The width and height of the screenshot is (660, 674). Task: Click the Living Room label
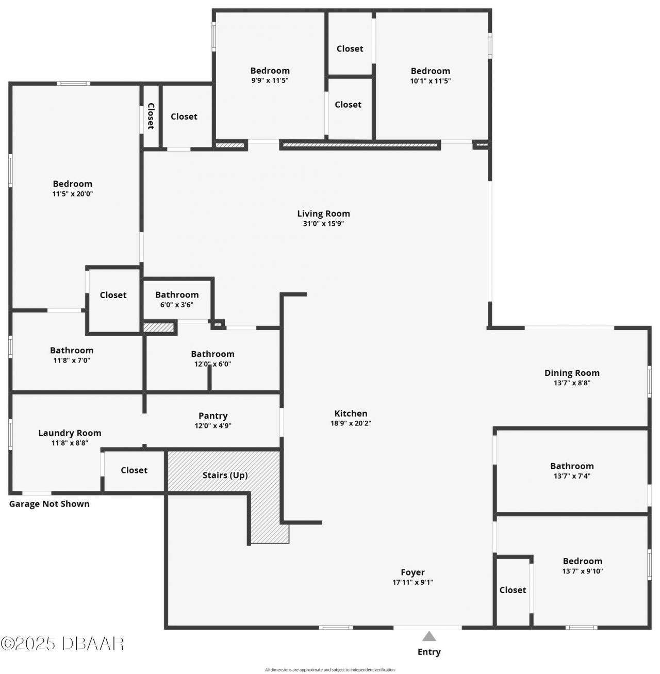pyautogui.click(x=323, y=213)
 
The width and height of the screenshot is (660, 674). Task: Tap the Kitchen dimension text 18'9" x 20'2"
pyautogui.click(x=351, y=423)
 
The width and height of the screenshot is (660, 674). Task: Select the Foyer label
pyautogui.click(x=412, y=572)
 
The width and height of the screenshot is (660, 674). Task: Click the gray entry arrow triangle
pyautogui.click(x=429, y=636)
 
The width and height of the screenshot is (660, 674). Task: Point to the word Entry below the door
pyautogui.click(x=429, y=652)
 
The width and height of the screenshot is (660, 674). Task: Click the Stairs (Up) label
pyautogui.click(x=225, y=475)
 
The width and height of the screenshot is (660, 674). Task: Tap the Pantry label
pyautogui.click(x=213, y=416)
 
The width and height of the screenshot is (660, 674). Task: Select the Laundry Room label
pyautogui.click(x=70, y=433)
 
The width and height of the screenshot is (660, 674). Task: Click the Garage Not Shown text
pyautogui.click(x=49, y=504)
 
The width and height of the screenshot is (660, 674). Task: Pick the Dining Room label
pyautogui.click(x=572, y=373)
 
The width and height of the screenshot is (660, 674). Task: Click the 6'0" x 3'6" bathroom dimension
pyautogui.click(x=177, y=305)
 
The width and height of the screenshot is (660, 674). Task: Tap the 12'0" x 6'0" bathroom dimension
pyautogui.click(x=212, y=364)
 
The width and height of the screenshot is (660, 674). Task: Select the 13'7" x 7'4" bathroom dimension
pyautogui.click(x=572, y=476)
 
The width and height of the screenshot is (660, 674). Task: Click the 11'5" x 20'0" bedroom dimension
pyautogui.click(x=73, y=194)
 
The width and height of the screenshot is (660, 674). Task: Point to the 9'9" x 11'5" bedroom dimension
pyautogui.click(x=270, y=80)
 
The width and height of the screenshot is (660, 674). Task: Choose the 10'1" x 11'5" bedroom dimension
pyautogui.click(x=430, y=80)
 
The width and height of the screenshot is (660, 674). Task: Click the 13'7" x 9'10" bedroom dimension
pyautogui.click(x=582, y=571)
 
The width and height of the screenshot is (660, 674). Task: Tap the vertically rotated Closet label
pyautogui.click(x=151, y=116)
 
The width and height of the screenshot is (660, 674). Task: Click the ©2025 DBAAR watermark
pyautogui.click(x=62, y=643)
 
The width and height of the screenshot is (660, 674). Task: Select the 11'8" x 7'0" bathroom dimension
pyautogui.click(x=72, y=360)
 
